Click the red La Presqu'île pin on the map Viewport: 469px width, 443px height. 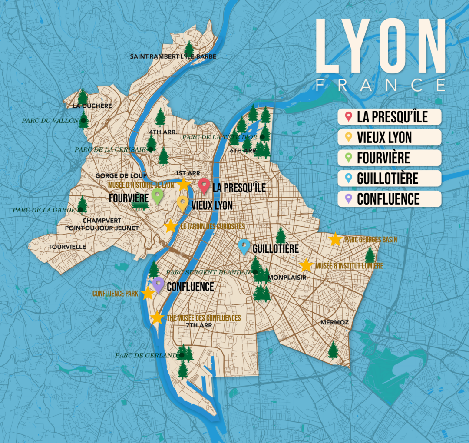tap(204, 185)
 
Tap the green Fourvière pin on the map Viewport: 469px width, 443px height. tap(157, 196)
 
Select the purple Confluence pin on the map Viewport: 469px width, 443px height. tap(159, 284)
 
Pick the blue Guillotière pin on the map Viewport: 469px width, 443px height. tap(244, 246)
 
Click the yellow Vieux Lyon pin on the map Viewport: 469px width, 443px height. tap(183, 203)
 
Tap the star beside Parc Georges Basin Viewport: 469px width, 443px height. tap(335, 239)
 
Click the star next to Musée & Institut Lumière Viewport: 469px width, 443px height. tap(306, 265)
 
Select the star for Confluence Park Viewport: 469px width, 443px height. tap(148, 293)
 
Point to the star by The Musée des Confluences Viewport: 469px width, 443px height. tap(157, 318)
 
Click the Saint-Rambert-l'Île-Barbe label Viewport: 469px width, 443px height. tap(173, 56)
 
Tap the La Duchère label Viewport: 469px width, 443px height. tap(92, 106)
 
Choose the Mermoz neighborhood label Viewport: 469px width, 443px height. tap(334, 322)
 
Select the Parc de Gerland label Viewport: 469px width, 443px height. tap(146, 355)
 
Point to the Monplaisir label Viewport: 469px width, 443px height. tap(287, 278)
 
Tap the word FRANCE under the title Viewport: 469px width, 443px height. tap(380, 85)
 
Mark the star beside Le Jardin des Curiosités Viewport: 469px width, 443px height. tap(171, 226)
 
